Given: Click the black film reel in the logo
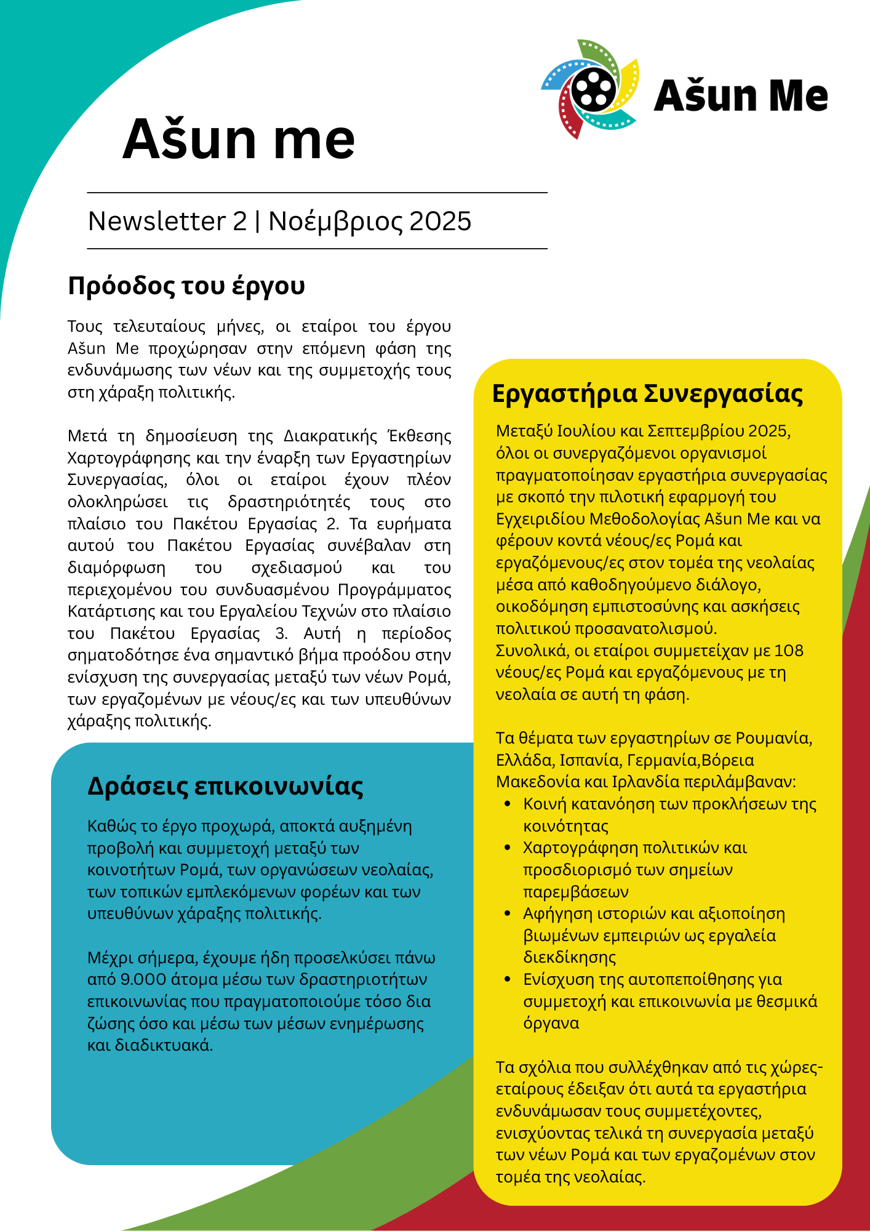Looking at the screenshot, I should [x=593, y=90].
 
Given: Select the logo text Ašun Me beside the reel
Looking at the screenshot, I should [x=741, y=96].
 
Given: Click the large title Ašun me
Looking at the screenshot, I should [x=239, y=139].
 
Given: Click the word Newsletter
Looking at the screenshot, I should [x=158, y=222].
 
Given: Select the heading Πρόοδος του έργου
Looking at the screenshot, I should [x=186, y=286].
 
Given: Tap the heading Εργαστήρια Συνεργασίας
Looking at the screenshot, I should [x=647, y=394].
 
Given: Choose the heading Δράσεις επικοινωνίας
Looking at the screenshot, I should [x=225, y=787].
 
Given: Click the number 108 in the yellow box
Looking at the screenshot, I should [x=789, y=651].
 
